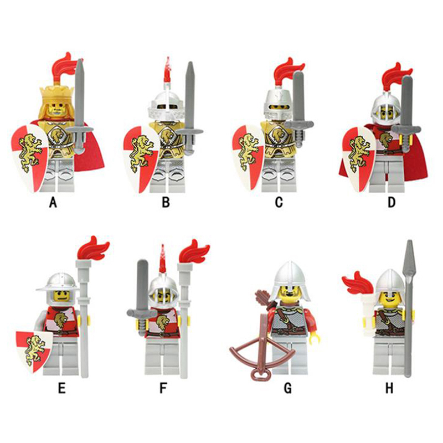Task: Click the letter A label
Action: coord(53,202)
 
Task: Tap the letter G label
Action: coord(287,388)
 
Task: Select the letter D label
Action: coord(392,202)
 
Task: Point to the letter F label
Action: coord(163,388)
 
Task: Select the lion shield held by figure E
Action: coord(34,350)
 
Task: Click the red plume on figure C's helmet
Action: coord(288,70)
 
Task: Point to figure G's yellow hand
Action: coord(315,336)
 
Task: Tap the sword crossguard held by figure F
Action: coord(142,312)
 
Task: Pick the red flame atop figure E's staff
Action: coord(93,249)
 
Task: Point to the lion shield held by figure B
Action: coord(141,158)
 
